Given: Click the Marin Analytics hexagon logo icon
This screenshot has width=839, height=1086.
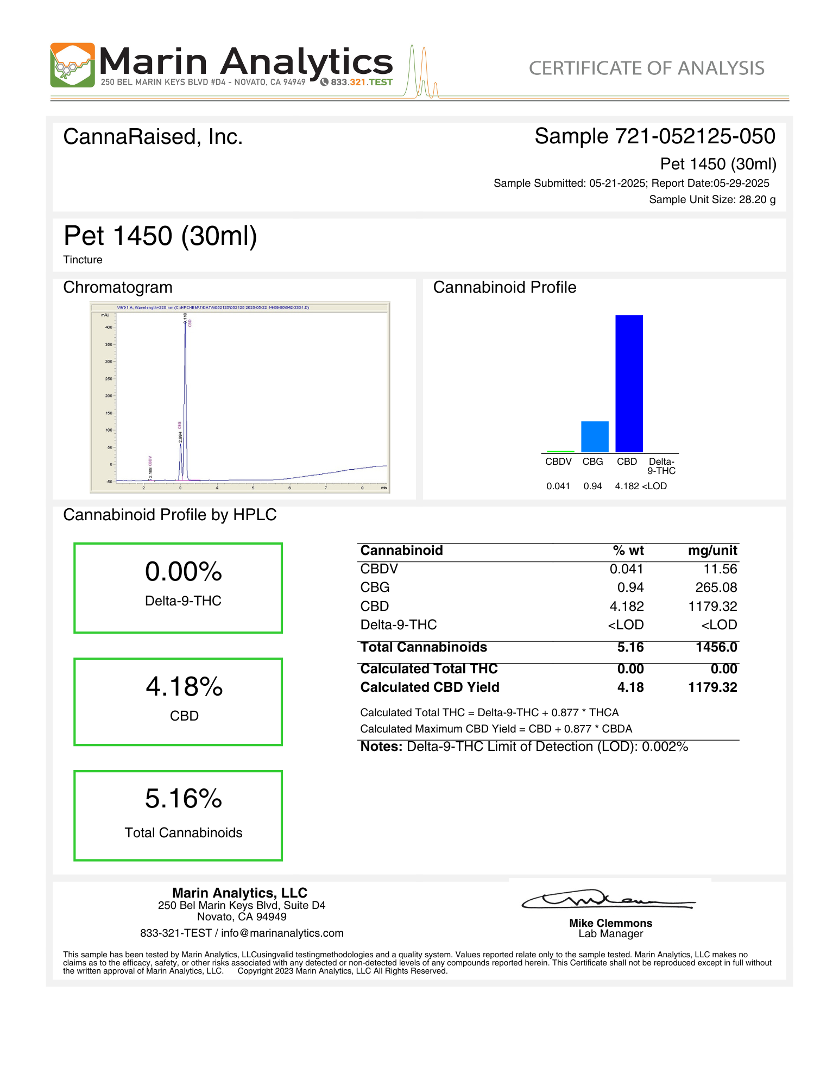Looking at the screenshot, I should (x=72, y=65).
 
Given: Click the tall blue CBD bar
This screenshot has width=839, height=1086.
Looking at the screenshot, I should (x=629, y=383).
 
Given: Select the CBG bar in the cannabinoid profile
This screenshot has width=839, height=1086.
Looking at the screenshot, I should (x=595, y=437).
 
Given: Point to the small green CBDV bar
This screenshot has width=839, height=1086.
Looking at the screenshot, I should (x=560, y=451).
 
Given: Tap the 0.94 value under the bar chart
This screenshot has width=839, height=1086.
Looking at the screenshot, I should (x=592, y=486).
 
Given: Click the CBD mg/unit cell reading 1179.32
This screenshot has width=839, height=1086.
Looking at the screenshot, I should (x=712, y=606).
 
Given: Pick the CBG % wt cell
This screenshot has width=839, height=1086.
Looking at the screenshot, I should (x=630, y=588).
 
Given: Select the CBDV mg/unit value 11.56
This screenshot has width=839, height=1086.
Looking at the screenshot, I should (x=720, y=569).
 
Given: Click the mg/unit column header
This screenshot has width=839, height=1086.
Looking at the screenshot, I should (x=712, y=551).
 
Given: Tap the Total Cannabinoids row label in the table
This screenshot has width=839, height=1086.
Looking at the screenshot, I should (x=424, y=647).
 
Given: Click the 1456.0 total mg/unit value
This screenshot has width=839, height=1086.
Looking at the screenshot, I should (x=716, y=647).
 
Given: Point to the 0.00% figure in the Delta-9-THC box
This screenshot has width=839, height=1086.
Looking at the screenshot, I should (x=184, y=572).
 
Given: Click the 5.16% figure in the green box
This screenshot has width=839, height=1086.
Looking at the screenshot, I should (x=184, y=799).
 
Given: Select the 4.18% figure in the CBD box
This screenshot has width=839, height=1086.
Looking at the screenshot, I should (x=184, y=687).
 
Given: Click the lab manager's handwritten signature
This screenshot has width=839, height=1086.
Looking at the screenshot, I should (x=608, y=900).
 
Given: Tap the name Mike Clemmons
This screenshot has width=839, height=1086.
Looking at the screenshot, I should (x=610, y=923).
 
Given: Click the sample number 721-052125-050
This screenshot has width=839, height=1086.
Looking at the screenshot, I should (x=695, y=136).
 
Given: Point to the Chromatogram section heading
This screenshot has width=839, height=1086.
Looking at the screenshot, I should (x=118, y=287).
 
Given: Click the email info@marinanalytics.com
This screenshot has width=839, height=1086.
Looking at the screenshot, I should (x=282, y=933).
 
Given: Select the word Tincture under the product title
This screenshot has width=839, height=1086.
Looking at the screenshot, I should (x=83, y=260).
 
